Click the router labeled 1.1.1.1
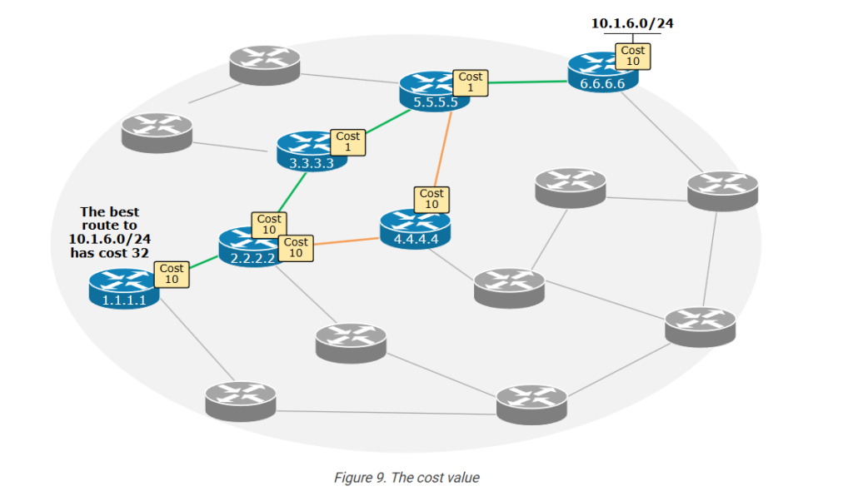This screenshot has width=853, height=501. tap(123, 288)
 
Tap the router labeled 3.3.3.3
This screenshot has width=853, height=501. tap(311, 151)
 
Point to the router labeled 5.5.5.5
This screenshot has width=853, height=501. tap(433, 92)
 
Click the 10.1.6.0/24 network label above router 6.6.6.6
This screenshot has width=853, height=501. tap(632, 23)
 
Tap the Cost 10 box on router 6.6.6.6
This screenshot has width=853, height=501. tap(632, 56)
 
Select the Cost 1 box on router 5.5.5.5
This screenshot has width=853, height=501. tap(470, 82)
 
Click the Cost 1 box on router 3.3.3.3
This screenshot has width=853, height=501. tap(347, 141)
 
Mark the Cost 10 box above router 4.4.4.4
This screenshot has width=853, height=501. tap(431, 199)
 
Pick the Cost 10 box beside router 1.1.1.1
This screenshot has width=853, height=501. tap(172, 274)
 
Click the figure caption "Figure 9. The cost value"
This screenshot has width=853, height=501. tap(407, 478)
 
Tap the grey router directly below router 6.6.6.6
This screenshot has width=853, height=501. tap(722, 191)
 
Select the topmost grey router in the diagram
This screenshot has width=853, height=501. tap(264, 65)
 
